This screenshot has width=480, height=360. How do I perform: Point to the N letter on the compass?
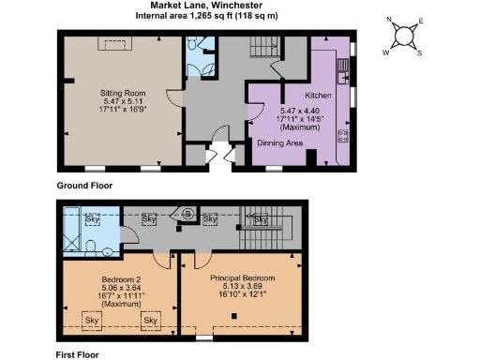click(x=389, y=20)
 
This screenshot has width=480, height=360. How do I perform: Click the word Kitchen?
click(x=320, y=96)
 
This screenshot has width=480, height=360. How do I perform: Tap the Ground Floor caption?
click(x=84, y=186)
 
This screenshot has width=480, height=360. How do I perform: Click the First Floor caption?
click(x=79, y=355)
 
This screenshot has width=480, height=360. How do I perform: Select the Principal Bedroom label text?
click(x=241, y=279)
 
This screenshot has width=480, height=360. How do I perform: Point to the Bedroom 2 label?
click(x=119, y=279)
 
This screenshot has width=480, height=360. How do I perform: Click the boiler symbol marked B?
click(x=187, y=214)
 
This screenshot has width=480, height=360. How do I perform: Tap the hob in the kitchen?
click(x=342, y=135)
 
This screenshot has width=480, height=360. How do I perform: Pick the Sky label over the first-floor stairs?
click(x=261, y=219)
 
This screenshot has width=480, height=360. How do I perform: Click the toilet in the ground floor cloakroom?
click(x=191, y=44)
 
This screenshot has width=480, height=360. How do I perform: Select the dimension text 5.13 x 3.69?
click(x=241, y=289)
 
